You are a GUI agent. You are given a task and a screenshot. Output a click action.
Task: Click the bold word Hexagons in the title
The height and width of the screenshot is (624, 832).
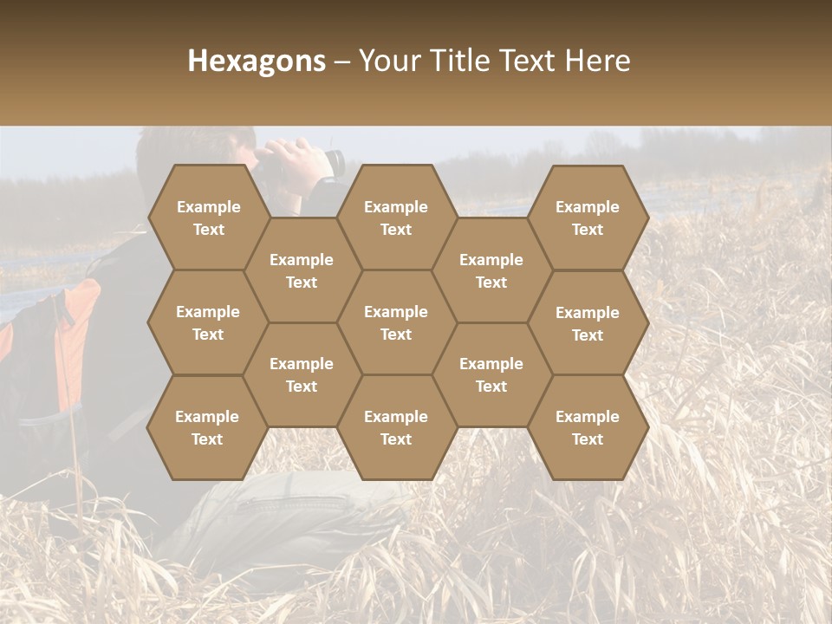(257, 61)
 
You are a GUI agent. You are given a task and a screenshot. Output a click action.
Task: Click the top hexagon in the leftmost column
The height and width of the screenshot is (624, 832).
(208, 218)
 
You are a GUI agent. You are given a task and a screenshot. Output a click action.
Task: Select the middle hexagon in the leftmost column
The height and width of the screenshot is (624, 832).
(208, 322)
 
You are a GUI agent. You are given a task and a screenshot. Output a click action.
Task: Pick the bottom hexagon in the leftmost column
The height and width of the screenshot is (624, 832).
(207, 427)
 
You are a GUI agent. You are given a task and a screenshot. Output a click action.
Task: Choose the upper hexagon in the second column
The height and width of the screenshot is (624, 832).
(302, 270)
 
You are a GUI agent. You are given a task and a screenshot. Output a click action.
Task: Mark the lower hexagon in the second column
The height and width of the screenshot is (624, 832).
(302, 374)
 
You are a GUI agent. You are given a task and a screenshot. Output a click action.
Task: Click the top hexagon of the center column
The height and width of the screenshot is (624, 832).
(396, 218)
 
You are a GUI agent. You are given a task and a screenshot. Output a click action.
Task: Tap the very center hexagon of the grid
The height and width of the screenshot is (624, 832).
(396, 322)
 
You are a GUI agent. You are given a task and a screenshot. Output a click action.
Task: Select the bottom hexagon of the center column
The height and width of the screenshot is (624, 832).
(396, 427)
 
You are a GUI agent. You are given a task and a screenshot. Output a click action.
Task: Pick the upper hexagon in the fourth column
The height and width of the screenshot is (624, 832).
(491, 270)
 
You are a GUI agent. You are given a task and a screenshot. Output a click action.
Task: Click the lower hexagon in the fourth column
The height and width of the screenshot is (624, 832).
(491, 374)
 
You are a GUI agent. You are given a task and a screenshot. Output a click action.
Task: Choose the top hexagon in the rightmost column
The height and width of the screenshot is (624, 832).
(588, 218)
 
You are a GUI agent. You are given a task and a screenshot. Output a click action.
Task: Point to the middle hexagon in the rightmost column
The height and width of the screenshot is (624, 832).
(588, 323)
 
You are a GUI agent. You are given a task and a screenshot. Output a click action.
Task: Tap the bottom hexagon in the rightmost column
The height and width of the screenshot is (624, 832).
(588, 427)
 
